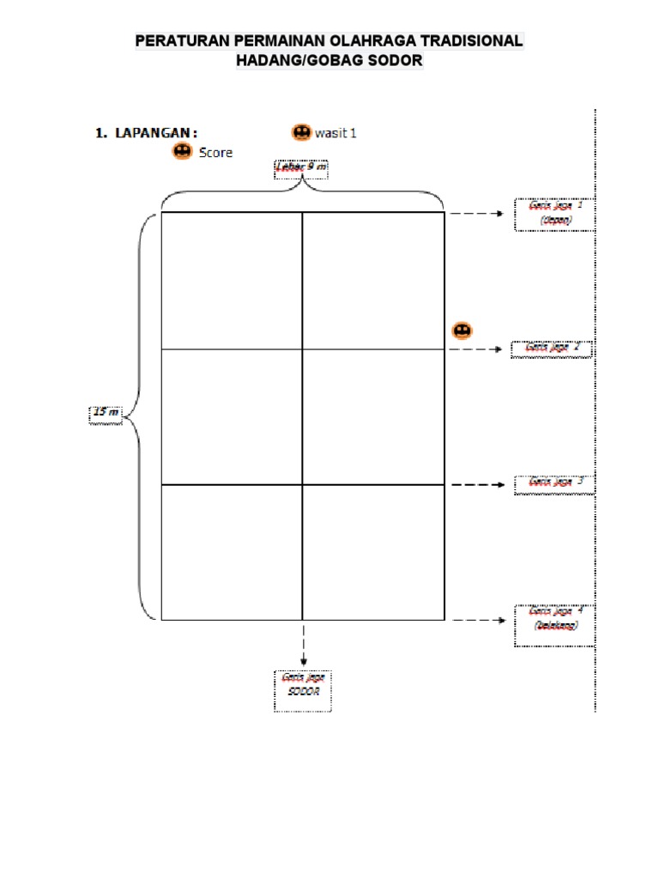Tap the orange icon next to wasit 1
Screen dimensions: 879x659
click(301, 132)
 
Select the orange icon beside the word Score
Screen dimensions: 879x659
click(182, 151)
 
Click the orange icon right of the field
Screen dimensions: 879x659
click(461, 330)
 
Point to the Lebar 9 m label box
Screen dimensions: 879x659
click(300, 168)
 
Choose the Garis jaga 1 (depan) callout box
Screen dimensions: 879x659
click(554, 214)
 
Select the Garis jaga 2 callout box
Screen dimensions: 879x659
click(552, 349)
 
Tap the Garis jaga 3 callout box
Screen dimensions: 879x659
click(554, 483)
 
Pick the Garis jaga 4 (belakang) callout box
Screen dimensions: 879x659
click(554, 619)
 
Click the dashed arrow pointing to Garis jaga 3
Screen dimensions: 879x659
click(478, 485)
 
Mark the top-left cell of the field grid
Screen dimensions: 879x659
click(232, 281)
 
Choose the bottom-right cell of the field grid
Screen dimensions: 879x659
click(373, 552)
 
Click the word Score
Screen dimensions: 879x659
click(215, 153)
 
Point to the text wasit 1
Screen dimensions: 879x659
click(336, 133)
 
